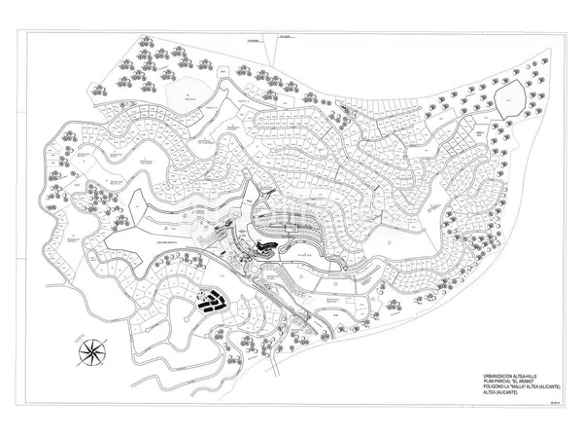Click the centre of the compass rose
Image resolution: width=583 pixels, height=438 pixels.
point(94,349)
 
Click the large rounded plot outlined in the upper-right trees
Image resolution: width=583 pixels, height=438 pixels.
point(509,96)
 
